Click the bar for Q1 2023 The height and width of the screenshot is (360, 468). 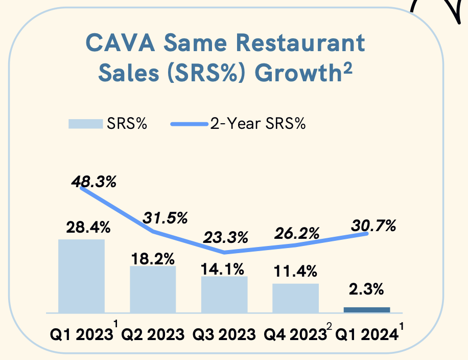(x=81, y=276)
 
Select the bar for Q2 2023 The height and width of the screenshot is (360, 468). (x=153, y=289)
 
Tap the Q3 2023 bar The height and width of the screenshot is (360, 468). (x=224, y=295)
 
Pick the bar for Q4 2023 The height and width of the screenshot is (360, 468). (x=295, y=298)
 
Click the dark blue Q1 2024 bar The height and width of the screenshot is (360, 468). (x=367, y=309)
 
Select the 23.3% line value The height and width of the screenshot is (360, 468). (x=225, y=237)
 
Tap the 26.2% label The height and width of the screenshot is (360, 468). (x=296, y=233)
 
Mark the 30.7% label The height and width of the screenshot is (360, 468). (x=373, y=225)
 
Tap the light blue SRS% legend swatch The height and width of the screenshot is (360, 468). (x=85, y=124)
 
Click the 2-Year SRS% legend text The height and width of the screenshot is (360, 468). (x=258, y=124)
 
